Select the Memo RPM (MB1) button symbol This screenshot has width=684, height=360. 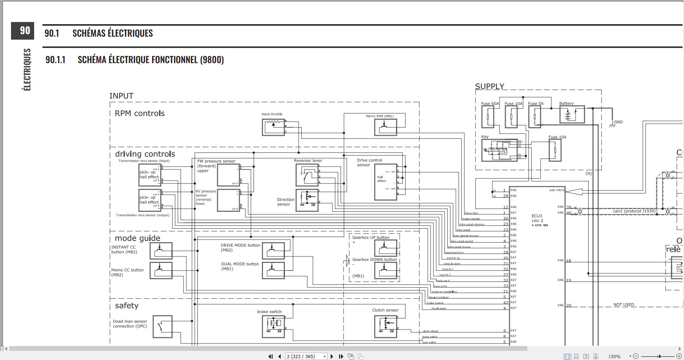(385, 127)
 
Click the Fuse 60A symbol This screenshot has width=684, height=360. (488, 117)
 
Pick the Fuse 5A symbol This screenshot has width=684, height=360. (535, 117)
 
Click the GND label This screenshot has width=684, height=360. (618, 122)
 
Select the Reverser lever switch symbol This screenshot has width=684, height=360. (307, 175)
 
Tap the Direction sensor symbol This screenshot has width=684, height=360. (307, 200)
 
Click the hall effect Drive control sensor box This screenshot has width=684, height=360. (385, 182)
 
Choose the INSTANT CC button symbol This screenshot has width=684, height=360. (161, 251)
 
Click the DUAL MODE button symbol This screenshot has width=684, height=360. (273, 270)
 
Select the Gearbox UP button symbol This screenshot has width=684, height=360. (385, 248)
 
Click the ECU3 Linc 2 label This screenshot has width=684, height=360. (537, 218)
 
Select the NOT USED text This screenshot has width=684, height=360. (623, 305)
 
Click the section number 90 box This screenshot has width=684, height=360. (23, 31)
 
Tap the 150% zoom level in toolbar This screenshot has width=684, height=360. (614, 356)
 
